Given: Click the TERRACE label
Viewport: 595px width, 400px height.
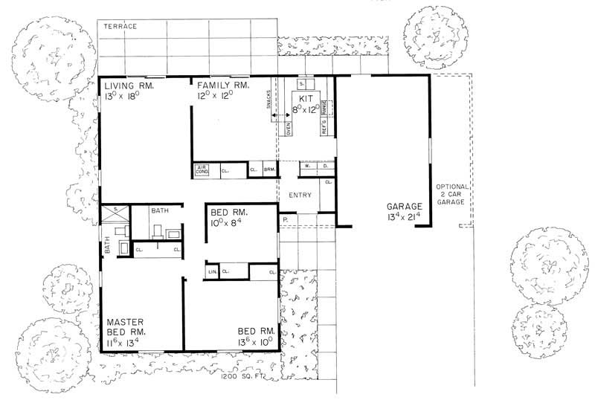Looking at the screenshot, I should (120, 26).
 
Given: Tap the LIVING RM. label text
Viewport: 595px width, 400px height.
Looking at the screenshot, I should (129, 86).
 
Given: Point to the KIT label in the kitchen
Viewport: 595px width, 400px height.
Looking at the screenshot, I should (306, 98).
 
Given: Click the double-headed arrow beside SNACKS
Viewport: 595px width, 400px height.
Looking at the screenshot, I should (280, 115).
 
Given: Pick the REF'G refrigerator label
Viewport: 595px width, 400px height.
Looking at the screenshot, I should (324, 126).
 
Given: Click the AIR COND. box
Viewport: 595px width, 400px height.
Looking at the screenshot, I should (202, 170).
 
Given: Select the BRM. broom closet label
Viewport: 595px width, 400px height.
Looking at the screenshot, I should (268, 170).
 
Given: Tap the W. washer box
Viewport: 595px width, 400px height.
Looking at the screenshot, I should (307, 167).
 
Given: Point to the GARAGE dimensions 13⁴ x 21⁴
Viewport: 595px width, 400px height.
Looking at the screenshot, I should (404, 217).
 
